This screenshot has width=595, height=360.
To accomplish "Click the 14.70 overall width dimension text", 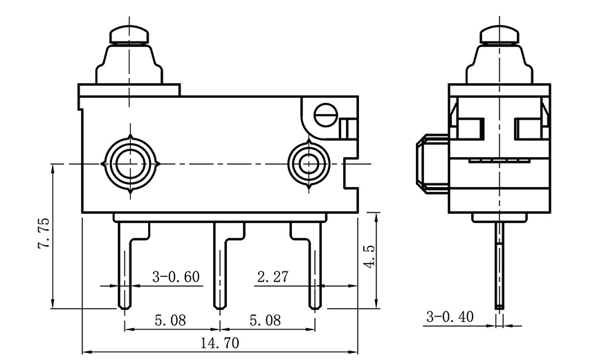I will point(220,342).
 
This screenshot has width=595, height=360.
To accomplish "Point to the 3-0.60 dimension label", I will point(176,277).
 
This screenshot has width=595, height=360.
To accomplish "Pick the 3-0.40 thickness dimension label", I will point(450,317).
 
